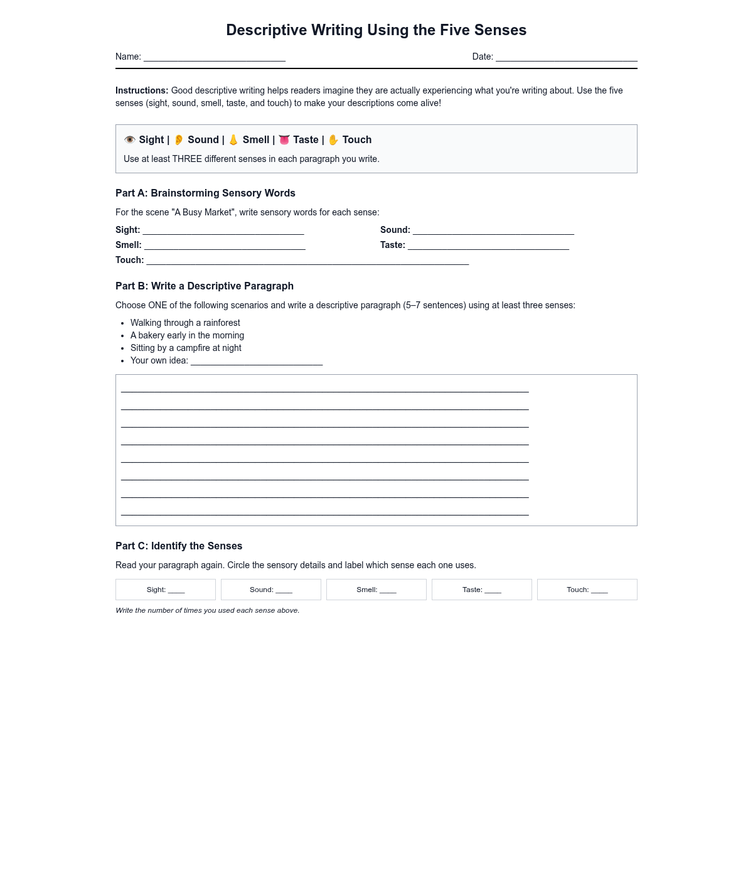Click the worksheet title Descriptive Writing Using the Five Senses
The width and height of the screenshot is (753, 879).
pyautogui.click(x=376, y=30)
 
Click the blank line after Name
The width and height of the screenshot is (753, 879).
pyautogui.click(x=215, y=58)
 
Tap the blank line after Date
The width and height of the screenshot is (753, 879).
pyautogui.click(x=566, y=58)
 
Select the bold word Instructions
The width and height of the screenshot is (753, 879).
pyautogui.click(x=142, y=90)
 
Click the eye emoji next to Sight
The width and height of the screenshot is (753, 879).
pyautogui.click(x=130, y=140)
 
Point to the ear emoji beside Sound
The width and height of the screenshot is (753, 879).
pyautogui.click(x=179, y=140)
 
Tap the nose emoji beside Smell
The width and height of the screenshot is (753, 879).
pyautogui.click(x=233, y=140)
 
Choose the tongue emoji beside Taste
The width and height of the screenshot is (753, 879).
pyautogui.click(x=284, y=140)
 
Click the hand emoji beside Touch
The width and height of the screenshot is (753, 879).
pyautogui.click(x=333, y=140)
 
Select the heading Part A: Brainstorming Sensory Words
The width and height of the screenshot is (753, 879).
pyautogui.click(x=205, y=193)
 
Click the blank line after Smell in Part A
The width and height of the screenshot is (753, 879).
pyautogui.click(x=225, y=246)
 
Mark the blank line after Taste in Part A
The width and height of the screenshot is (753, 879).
pyautogui.click(x=488, y=246)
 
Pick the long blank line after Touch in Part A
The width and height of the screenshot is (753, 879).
pyautogui.click(x=307, y=261)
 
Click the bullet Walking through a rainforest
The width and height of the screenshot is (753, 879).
pyautogui.click(x=185, y=323)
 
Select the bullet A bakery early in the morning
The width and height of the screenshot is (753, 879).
pyautogui.click(x=187, y=335)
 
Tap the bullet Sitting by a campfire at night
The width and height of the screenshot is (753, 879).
pyautogui.click(x=186, y=348)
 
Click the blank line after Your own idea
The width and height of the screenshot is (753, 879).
pyautogui.click(x=257, y=362)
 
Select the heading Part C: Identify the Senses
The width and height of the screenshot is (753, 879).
pyautogui.click(x=179, y=546)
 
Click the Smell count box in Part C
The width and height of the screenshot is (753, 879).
pyautogui.click(x=376, y=590)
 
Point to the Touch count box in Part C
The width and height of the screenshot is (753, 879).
pyautogui.click(x=587, y=590)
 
